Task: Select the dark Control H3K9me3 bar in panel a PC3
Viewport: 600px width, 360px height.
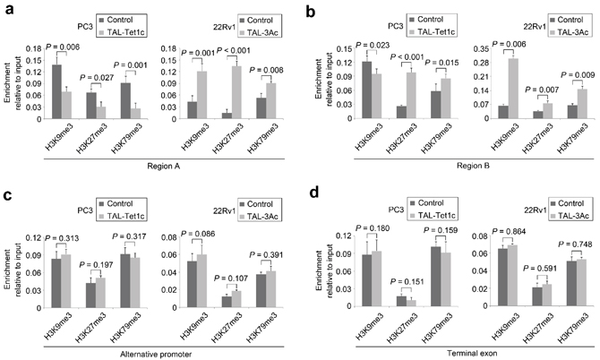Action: [57, 91]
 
